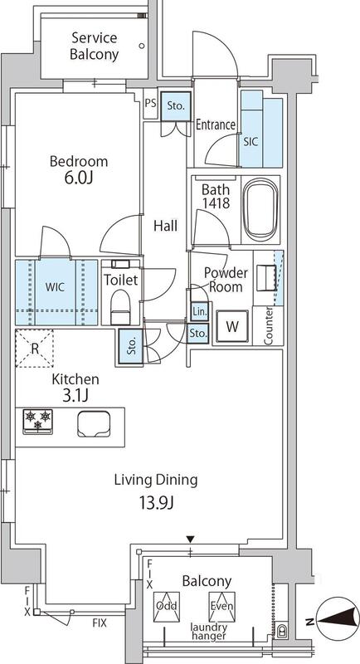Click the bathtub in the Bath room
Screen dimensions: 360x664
click(260, 209)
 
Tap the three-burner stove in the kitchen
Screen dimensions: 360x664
click(37, 422)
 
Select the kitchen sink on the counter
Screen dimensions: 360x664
click(94, 424)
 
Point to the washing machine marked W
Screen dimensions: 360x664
click(231, 326)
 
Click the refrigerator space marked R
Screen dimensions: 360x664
click(35, 349)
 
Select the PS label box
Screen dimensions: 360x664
click(150, 103)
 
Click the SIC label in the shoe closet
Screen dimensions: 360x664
click(251, 142)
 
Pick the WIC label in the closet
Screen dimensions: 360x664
click(56, 286)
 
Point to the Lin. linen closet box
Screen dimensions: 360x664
click(199, 312)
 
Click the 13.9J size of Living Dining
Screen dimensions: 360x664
click(158, 503)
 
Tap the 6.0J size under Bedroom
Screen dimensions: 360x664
click(79, 178)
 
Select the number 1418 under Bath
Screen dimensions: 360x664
click(216, 203)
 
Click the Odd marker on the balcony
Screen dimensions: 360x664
click(166, 607)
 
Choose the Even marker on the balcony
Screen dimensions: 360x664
click(221, 607)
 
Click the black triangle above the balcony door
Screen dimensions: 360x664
click(191, 539)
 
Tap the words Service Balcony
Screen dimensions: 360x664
click(94, 46)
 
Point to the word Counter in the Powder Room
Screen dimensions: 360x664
click(268, 325)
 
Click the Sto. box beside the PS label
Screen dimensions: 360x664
click(176, 106)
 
